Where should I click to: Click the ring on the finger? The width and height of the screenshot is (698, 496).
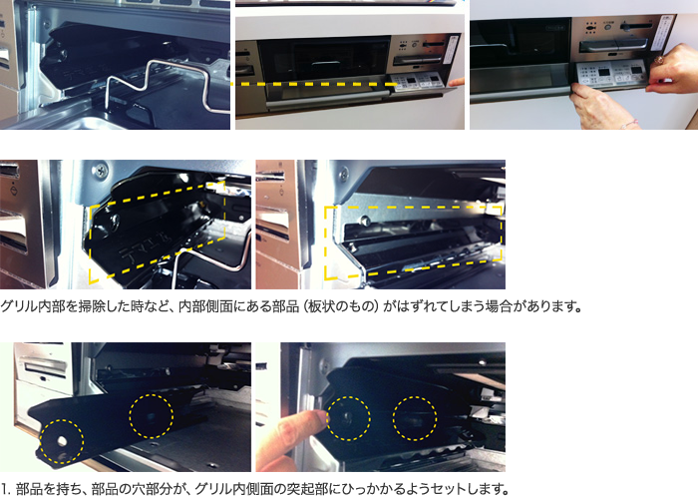click(x=658, y=60)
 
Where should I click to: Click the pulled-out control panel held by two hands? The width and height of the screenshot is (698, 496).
click(x=610, y=74)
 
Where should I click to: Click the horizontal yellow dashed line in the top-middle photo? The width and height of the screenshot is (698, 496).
click(x=314, y=84)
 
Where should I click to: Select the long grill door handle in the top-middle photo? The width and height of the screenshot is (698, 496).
click(x=327, y=105)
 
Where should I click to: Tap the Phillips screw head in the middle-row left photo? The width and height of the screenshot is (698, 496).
click(x=101, y=170)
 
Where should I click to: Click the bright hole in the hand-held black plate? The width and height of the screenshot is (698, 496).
click(x=62, y=441)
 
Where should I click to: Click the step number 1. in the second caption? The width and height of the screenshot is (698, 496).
click(x=6, y=489)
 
